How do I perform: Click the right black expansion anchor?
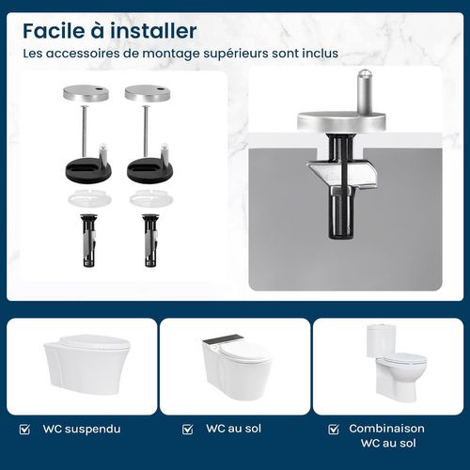pos(149,240)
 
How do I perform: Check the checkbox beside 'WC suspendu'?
pos(25,430)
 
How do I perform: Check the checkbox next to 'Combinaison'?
pos(333,430)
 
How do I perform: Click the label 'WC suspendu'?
pos(82,430)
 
